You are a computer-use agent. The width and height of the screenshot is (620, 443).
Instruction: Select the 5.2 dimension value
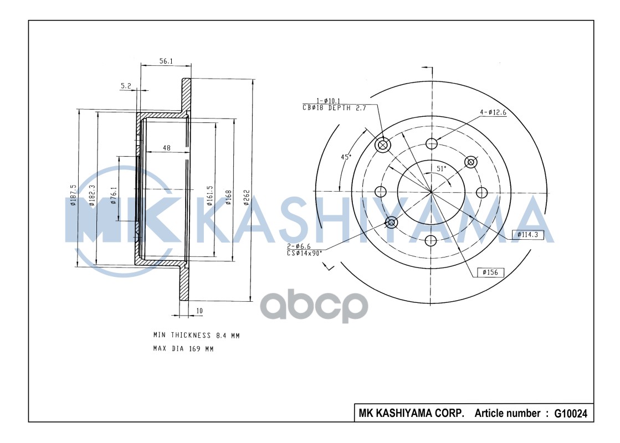(x=125, y=85)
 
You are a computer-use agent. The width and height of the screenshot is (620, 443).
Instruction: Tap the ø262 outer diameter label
(x=247, y=198)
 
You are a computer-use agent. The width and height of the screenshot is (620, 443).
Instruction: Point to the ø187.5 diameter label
(x=73, y=195)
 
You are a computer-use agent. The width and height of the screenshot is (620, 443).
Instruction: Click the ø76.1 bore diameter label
(x=114, y=195)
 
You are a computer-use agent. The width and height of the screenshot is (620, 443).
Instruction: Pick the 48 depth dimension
(x=166, y=147)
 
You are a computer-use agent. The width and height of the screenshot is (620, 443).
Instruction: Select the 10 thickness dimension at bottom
(x=199, y=311)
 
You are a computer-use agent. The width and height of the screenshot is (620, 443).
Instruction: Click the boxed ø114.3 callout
(x=527, y=235)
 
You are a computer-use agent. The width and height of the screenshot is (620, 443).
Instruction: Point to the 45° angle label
(x=346, y=157)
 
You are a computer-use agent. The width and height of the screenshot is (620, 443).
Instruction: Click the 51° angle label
(x=440, y=168)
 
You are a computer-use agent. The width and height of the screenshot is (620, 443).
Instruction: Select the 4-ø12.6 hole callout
(x=493, y=112)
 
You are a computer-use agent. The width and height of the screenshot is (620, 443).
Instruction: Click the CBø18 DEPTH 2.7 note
(x=335, y=109)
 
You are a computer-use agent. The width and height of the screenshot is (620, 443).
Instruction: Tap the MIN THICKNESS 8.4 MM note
(x=196, y=336)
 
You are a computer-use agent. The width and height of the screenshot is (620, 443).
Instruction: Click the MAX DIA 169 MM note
(x=183, y=349)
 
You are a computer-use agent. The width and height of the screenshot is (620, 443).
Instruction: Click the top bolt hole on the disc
(x=431, y=144)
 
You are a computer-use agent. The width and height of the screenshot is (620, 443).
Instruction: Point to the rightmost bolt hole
(x=481, y=192)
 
